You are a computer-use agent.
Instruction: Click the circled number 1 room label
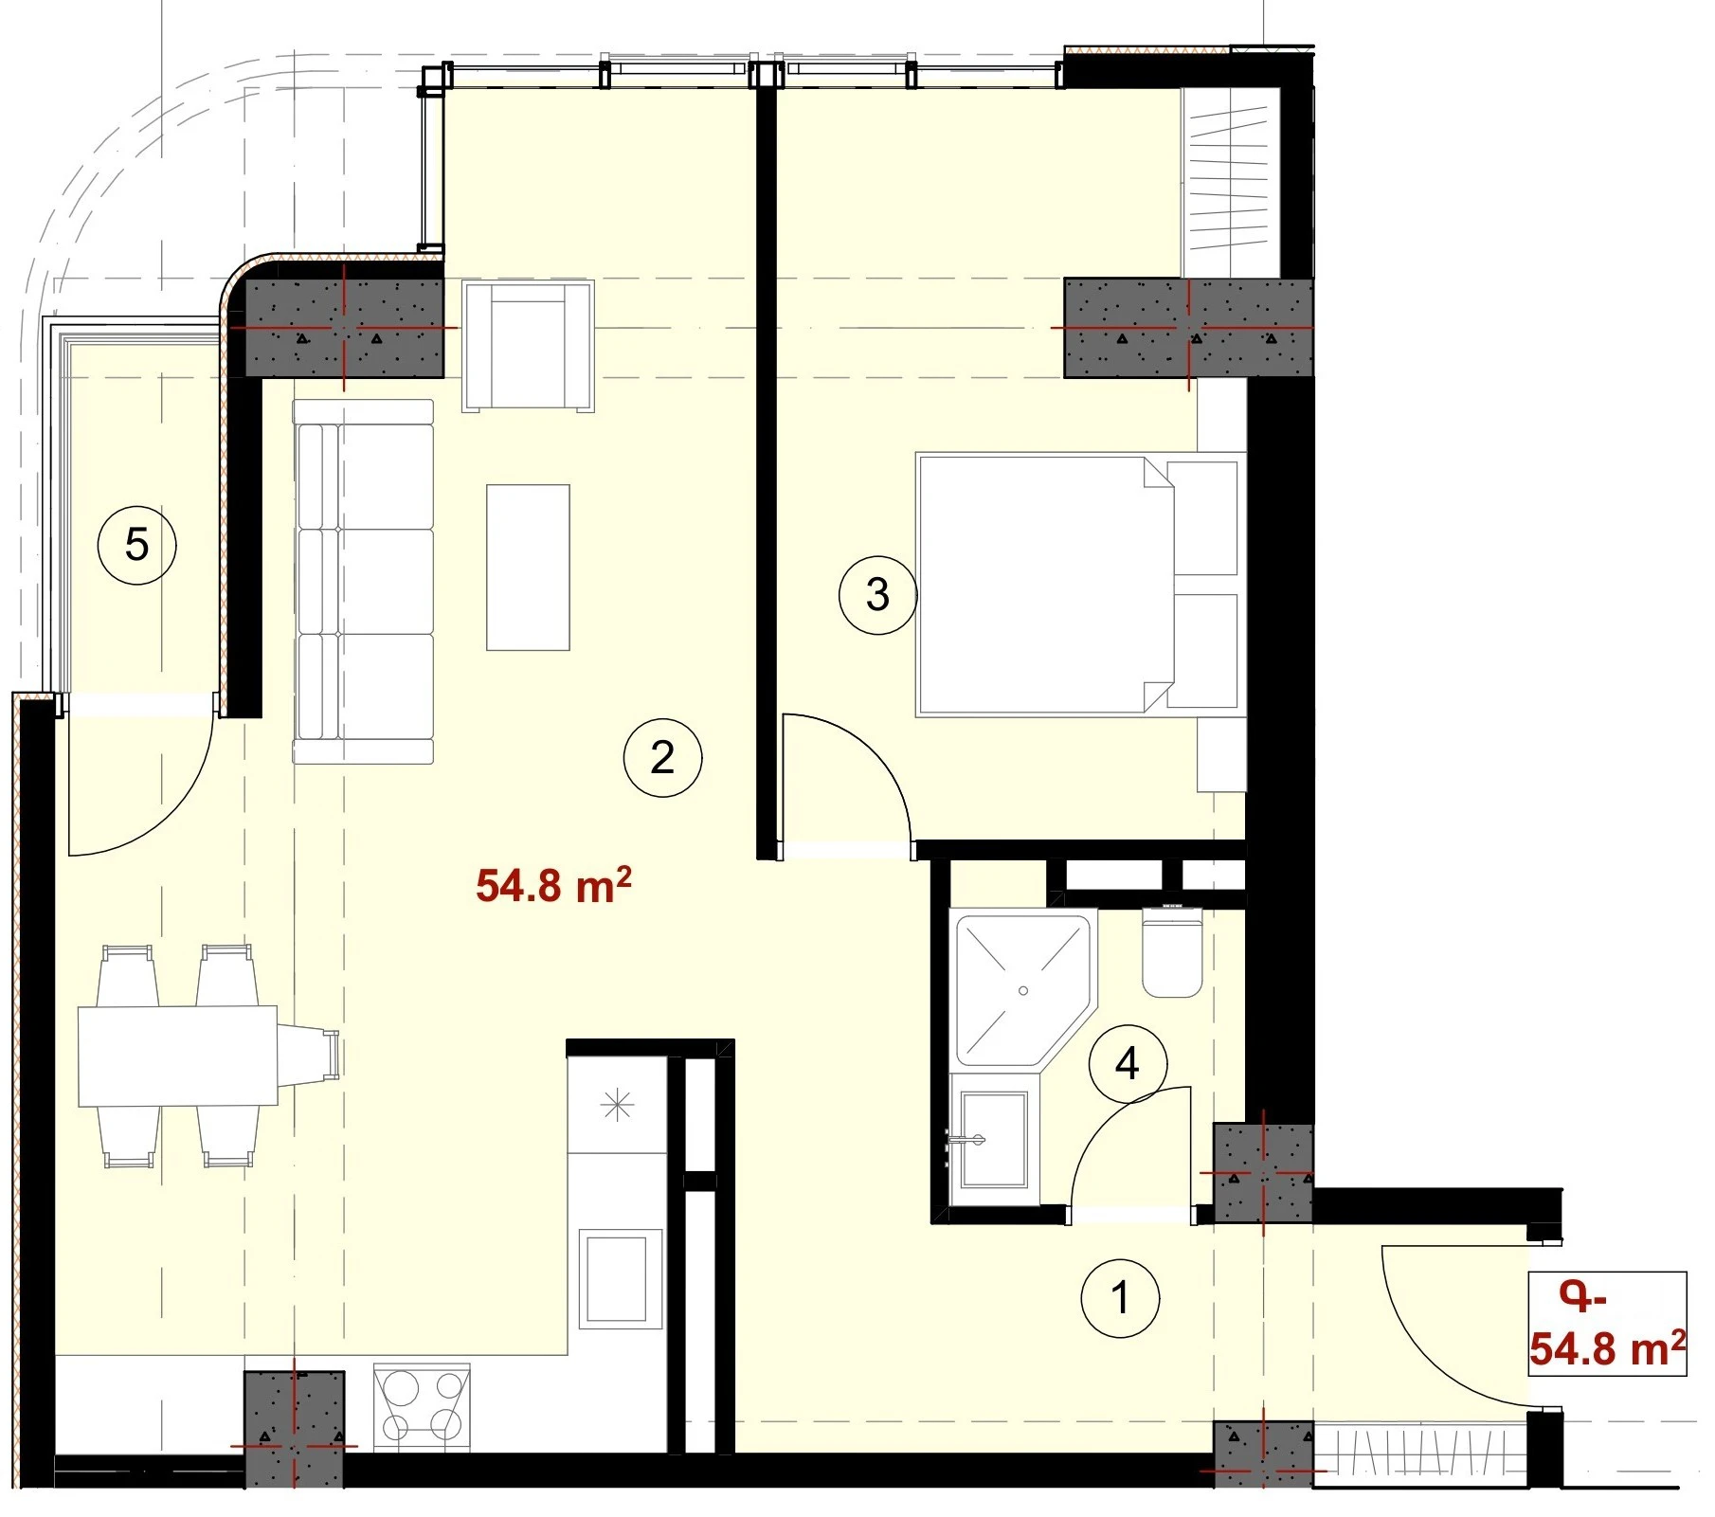pyautogui.click(x=1120, y=1298)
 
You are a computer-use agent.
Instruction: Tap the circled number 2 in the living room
pyautogui.click(x=662, y=757)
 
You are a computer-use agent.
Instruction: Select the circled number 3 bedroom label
pyautogui.click(x=877, y=595)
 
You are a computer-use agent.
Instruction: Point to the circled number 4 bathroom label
pyautogui.click(x=1128, y=1064)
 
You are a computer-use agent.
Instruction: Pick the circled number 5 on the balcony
pyautogui.click(x=137, y=545)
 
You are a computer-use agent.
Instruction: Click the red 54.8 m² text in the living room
pyautogui.click(x=553, y=885)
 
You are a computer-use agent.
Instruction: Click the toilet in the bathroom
pyautogui.click(x=1172, y=951)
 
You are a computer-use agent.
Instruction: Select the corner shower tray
pyautogui.click(x=1022, y=989)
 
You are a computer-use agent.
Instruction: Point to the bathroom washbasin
pyautogui.click(x=993, y=1138)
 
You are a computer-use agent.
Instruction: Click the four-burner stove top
pyautogui.click(x=422, y=1406)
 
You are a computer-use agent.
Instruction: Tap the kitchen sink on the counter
pyautogui.click(x=620, y=1278)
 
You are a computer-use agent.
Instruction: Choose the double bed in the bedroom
pyautogui.click(x=1080, y=585)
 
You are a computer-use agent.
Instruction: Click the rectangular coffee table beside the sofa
pyautogui.click(x=528, y=568)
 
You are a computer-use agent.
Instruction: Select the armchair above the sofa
pyautogui.click(x=528, y=346)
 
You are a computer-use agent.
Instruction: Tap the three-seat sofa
pyautogui.click(x=363, y=581)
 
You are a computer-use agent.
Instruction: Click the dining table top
pyautogui.click(x=177, y=1056)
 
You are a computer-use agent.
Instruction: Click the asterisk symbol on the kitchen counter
pyautogui.click(x=617, y=1104)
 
